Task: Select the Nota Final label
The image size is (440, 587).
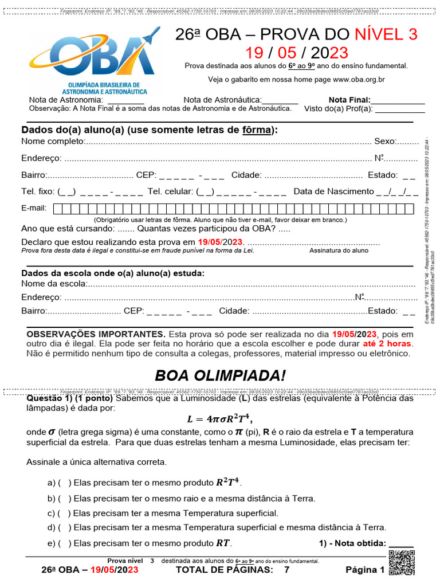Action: pyautogui.click(x=349, y=100)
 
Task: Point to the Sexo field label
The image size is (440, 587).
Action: pyautogui.click(x=384, y=141)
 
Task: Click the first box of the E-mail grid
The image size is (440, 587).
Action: pyautogui.click(x=57, y=209)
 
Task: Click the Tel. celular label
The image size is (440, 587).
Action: pyautogui.click(x=170, y=192)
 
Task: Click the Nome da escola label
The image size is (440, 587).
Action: pyautogui.click(x=54, y=284)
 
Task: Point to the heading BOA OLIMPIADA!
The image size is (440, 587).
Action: pyautogui.click(x=220, y=376)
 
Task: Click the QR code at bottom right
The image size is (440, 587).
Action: pyautogui.click(x=401, y=562)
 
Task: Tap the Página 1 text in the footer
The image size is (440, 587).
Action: pyautogui.click(x=364, y=570)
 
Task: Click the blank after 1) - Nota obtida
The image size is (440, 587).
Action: pyautogui.click(x=400, y=544)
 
